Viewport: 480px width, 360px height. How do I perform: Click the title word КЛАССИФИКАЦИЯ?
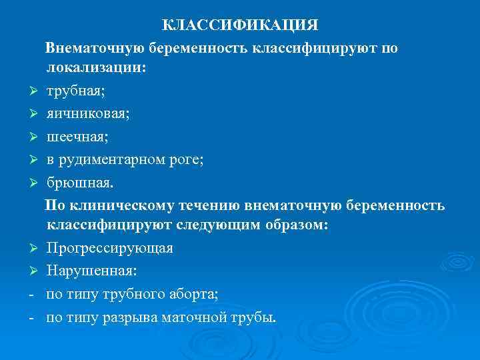coord(241,25)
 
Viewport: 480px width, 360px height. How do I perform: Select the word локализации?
coord(95,68)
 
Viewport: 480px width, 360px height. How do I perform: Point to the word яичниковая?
coord(88,113)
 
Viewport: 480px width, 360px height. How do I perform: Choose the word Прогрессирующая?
coord(110,249)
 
